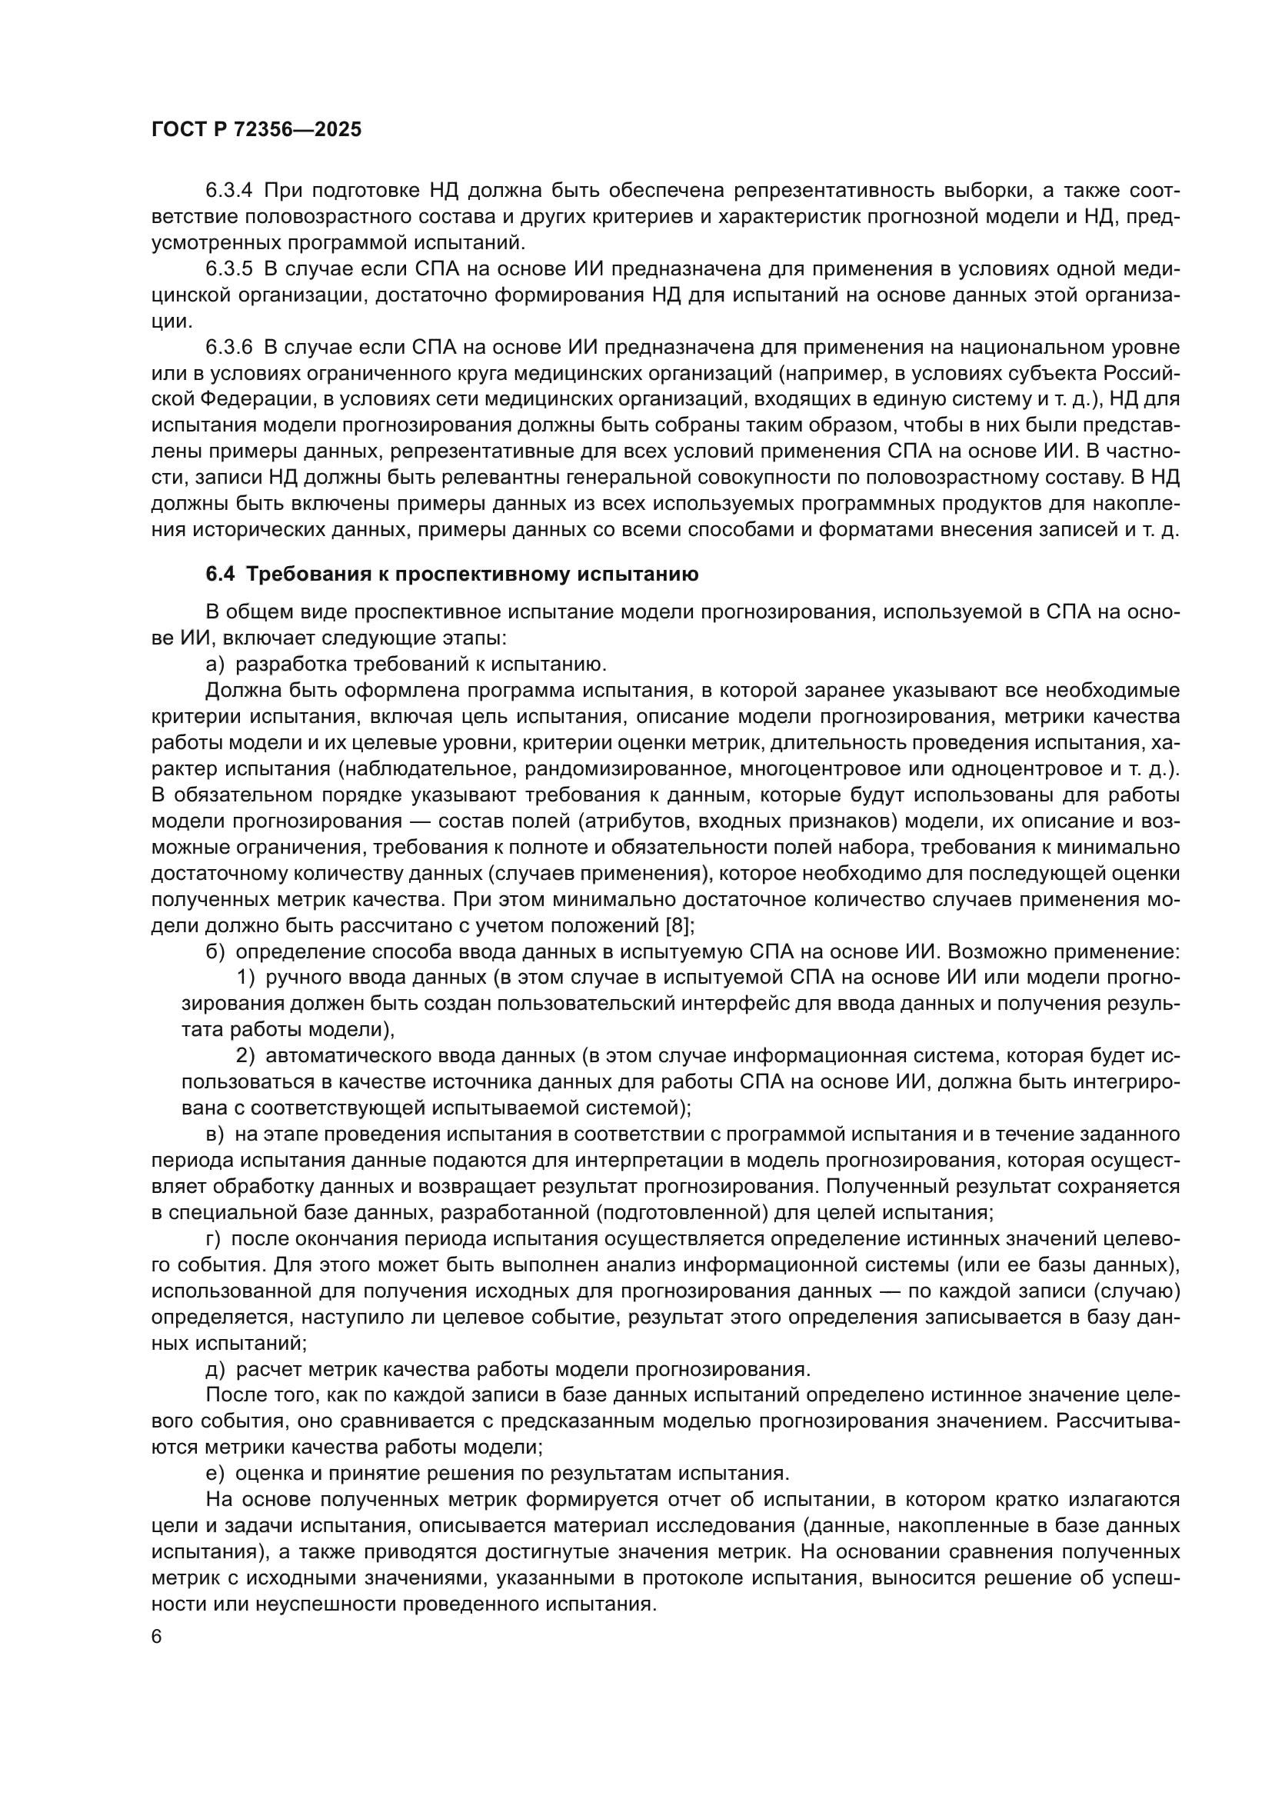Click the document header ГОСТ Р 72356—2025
coord(256,130)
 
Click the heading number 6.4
coord(219,575)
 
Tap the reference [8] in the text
coord(677,925)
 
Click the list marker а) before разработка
coord(215,665)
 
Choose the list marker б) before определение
coord(215,952)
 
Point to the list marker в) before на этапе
coord(215,1134)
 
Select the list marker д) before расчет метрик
coord(215,1370)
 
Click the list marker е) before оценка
coord(215,1474)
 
